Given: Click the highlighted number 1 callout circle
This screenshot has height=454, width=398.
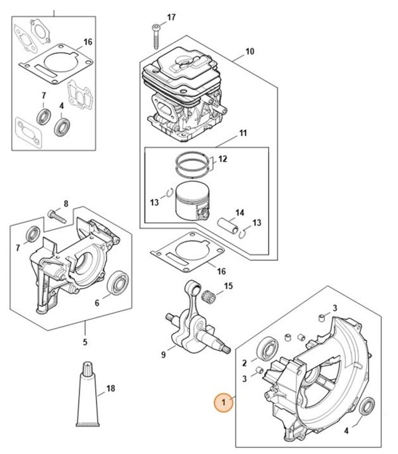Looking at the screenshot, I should pyautogui.click(x=224, y=402).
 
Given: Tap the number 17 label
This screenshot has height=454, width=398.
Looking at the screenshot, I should pyautogui.click(x=171, y=17).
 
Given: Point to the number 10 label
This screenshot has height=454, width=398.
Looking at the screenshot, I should pyautogui.click(x=249, y=51).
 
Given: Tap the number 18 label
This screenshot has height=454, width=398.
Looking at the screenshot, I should pyautogui.click(x=111, y=388).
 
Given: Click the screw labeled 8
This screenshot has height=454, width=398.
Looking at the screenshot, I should pyautogui.click(x=55, y=214).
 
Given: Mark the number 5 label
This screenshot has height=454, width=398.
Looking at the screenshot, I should pyautogui.click(x=85, y=343).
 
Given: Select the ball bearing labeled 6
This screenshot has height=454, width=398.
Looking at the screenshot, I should pyautogui.click(x=120, y=280).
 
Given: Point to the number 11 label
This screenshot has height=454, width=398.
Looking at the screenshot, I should pyautogui.click(x=243, y=134).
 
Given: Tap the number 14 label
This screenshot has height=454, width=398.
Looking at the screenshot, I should pyautogui.click(x=239, y=212).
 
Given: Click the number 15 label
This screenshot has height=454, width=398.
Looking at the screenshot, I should pyautogui.click(x=228, y=286).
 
